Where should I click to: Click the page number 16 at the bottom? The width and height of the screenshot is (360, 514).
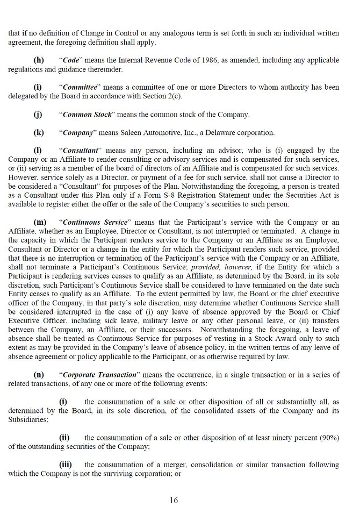pyautogui.click(x=174, y=500)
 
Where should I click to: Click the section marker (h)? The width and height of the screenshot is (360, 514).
pyautogui.click(x=39, y=60)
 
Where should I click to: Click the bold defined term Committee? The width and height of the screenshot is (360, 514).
pyautogui.click(x=80, y=87)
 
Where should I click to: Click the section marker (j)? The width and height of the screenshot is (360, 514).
pyautogui.click(x=38, y=115)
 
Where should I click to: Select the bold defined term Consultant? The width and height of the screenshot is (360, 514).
pyautogui.click(x=82, y=151)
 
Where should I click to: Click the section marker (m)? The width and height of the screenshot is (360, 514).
pyautogui.click(x=40, y=223)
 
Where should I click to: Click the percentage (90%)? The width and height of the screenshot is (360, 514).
pyautogui.click(x=329, y=437)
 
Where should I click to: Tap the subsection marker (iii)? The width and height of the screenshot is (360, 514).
pyautogui.click(x=65, y=464)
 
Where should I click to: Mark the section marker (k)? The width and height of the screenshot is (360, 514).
pyautogui.click(x=39, y=132)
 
